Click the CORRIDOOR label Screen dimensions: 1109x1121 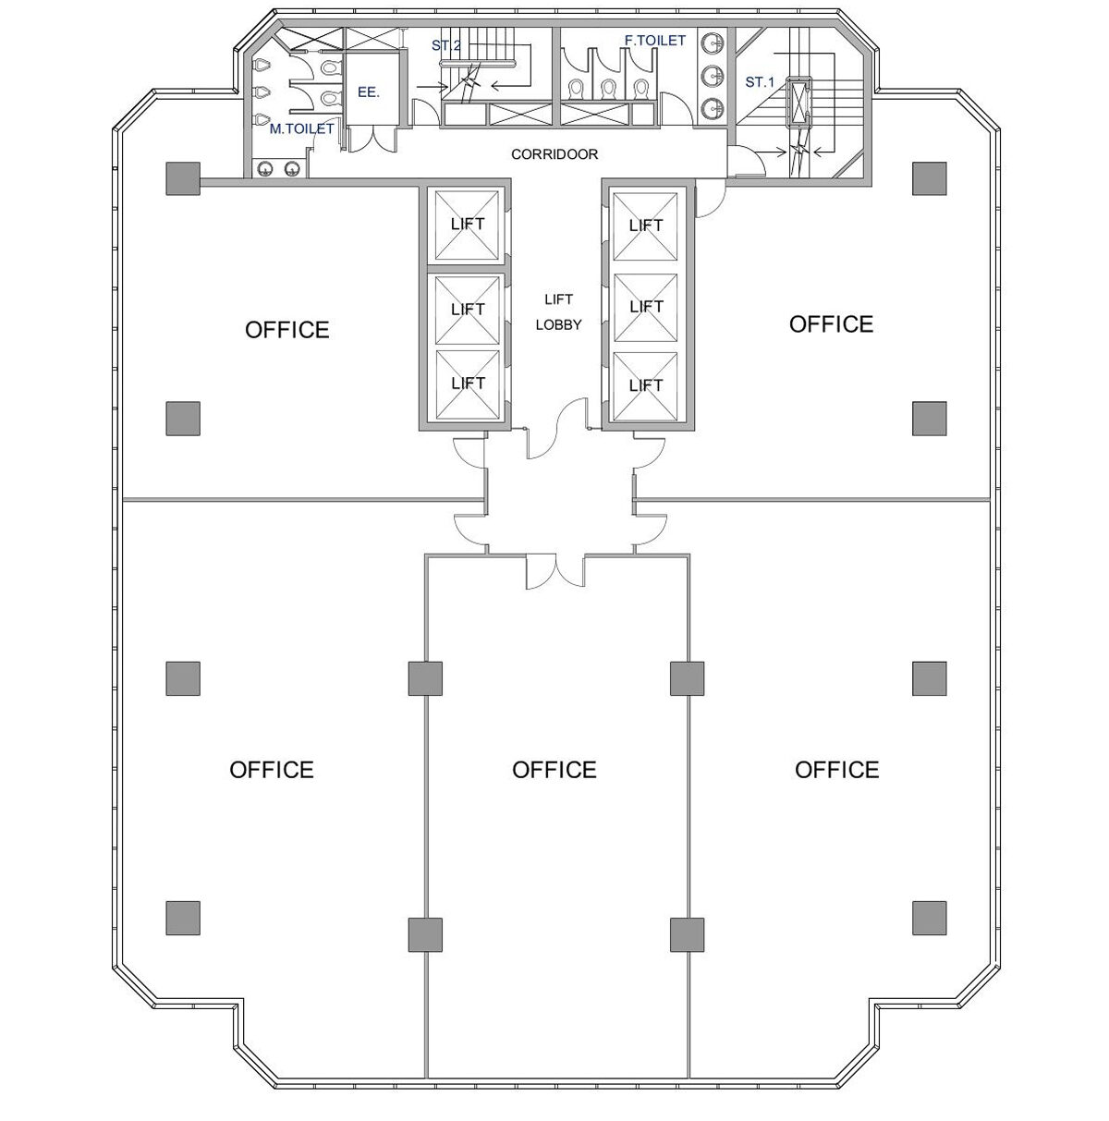[x=554, y=154]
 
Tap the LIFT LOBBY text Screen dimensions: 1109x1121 [x=558, y=311]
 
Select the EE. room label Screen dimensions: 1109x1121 [x=368, y=91]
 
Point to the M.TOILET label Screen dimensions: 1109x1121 [x=301, y=128]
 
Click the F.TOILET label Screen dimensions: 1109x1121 [x=654, y=40]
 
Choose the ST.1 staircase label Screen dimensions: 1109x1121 [x=760, y=82]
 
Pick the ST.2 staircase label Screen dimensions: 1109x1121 [x=445, y=45]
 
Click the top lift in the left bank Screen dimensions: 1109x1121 [x=468, y=225]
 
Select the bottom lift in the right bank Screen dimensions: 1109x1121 [x=646, y=386]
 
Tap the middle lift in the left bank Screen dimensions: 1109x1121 [x=468, y=310]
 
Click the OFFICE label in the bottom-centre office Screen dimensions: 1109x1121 [x=554, y=770]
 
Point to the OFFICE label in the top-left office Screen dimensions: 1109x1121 [x=286, y=330]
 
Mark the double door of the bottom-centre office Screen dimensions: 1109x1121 [x=555, y=571]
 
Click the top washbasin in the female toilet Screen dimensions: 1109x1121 [x=712, y=43]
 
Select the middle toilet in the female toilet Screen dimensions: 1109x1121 [x=608, y=89]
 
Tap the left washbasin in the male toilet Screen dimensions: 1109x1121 [x=265, y=169]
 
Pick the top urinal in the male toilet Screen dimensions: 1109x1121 [x=262, y=66]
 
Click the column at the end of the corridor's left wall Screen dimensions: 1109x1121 [x=183, y=178]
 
